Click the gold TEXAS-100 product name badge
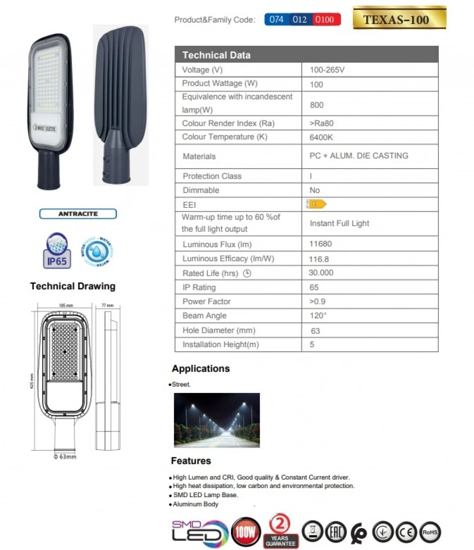399,19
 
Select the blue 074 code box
276,19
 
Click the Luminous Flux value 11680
320,244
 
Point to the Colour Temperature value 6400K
321,137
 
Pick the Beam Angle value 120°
318,316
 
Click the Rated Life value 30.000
321,273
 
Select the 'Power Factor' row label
206,301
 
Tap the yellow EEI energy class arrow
316,204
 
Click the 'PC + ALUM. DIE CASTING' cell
359,156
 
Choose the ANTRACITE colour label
78,214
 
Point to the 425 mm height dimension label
32,381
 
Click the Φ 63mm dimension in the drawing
65,457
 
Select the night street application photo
217,420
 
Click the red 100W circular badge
245,532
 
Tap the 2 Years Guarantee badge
280,531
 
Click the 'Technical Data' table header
216,55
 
